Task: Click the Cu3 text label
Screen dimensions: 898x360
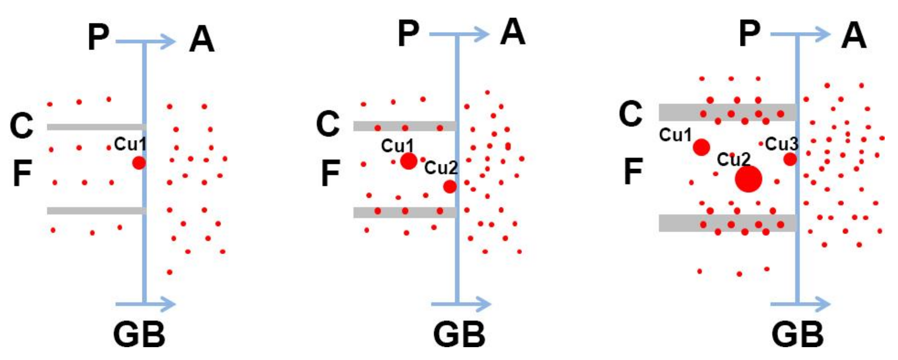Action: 782,143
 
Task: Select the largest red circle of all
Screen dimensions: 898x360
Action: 748,179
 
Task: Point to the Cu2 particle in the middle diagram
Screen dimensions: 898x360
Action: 450,186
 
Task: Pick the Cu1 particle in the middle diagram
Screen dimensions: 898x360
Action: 409,161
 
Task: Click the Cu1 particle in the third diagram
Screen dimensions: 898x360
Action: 701,147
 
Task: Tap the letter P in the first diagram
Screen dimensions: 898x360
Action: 98,37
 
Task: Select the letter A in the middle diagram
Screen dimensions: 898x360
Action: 512,32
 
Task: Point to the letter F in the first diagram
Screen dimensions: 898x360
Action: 23,173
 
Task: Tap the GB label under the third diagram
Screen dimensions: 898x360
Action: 797,334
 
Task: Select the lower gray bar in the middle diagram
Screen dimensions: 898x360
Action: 404,212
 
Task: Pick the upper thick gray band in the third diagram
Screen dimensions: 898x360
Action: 727,112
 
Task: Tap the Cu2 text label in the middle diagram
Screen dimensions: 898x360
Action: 441,168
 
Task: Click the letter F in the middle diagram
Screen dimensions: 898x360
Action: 330,173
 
